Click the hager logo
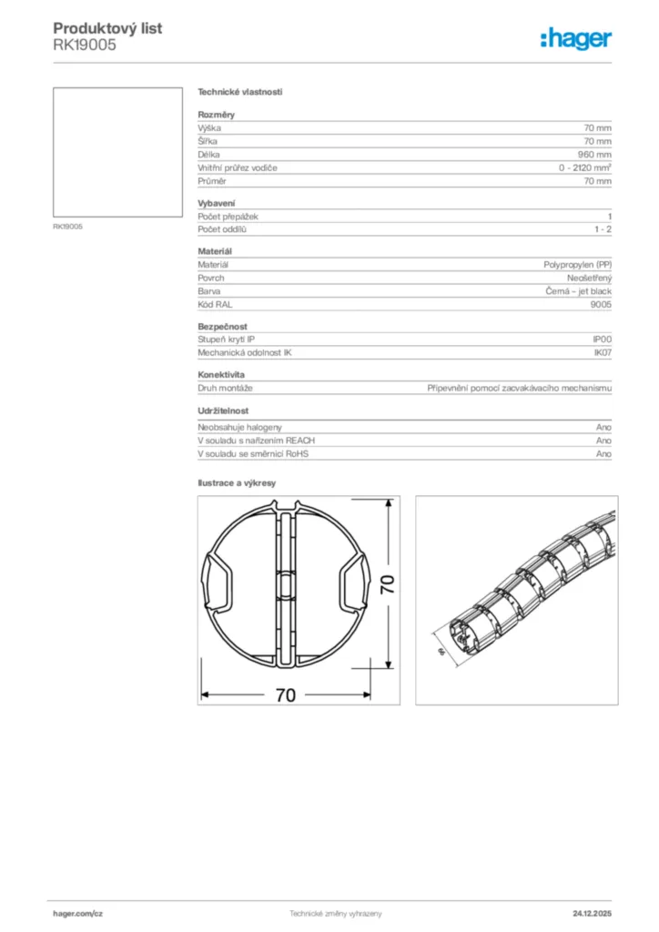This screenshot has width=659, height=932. point(575,38)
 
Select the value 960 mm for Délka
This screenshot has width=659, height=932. point(595,155)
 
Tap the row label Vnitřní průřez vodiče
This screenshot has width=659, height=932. point(238,168)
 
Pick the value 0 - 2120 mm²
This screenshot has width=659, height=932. point(585,168)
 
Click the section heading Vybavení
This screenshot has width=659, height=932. point(217,203)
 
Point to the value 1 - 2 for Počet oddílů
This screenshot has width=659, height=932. point(603,230)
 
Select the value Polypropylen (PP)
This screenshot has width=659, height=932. point(578,264)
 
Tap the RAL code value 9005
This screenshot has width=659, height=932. point(601,305)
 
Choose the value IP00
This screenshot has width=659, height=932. point(603,339)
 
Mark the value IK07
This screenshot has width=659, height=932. point(603,352)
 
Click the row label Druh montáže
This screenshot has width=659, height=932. point(224,387)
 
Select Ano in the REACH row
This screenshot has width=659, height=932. point(603,440)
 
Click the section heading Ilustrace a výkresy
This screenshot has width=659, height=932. point(237,483)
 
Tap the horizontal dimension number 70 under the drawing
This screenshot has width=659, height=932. point(285,695)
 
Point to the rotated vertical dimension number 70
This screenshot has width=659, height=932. point(388,584)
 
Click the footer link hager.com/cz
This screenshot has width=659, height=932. point(78,913)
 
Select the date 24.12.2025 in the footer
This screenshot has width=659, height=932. point(592,913)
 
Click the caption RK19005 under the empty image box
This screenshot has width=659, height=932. point(68,226)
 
